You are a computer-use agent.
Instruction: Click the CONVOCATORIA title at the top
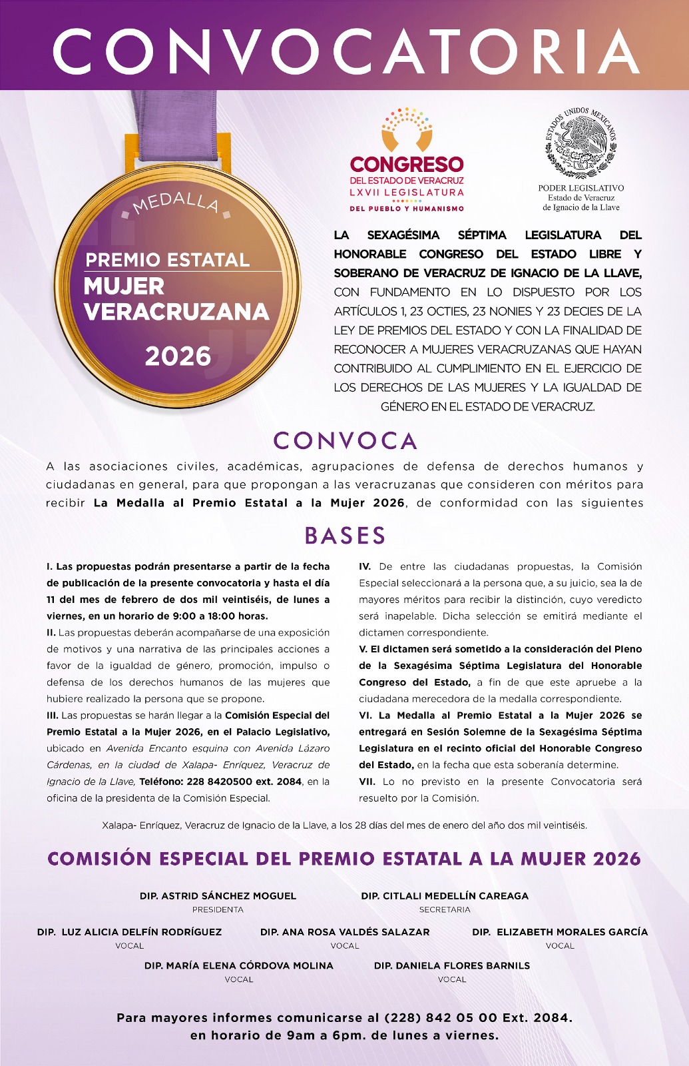(x=345, y=51)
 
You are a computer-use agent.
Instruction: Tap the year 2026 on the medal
(x=178, y=357)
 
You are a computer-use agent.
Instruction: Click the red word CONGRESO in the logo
(x=406, y=165)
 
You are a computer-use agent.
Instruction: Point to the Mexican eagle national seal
(x=580, y=143)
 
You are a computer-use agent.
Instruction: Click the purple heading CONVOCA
(x=345, y=441)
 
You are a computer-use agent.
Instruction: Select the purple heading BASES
(x=345, y=536)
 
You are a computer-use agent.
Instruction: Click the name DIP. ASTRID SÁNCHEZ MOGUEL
(x=218, y=896)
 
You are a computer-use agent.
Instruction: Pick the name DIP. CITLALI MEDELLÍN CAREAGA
(x=445, y=896)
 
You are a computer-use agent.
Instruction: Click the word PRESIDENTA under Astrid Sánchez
(x=218, y=909)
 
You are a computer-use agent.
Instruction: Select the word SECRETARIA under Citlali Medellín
(x=445, y=909)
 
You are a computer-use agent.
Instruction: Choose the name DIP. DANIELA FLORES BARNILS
(x=452, y=965)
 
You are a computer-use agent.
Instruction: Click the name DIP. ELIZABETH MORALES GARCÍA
(x=560, y=932)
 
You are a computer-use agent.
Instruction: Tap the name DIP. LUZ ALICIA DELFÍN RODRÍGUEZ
(x=129, y=932)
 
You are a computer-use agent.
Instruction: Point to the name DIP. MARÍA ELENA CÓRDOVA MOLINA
(x=238, y=965)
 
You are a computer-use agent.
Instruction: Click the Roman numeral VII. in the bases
(x=367, y=782)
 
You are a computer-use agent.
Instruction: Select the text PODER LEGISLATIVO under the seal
(x=581, y=189)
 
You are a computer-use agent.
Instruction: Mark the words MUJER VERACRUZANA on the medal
(x=176, y=299)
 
